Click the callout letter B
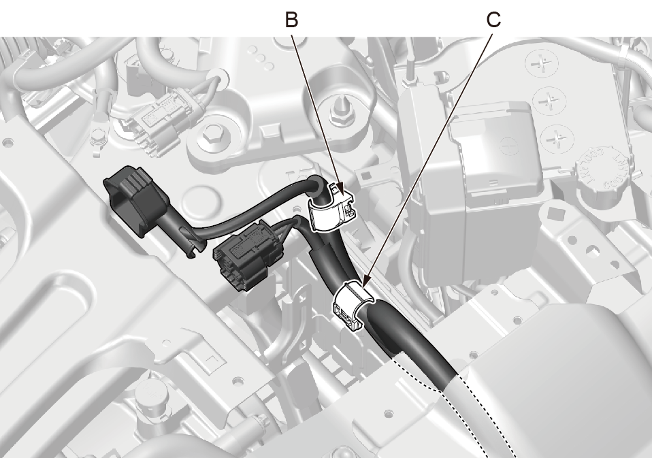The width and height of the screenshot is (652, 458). pos(291,19)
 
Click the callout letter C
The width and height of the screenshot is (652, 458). pos(493,19)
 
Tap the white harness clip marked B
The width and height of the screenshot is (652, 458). pos(333,207)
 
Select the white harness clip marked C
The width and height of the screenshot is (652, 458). pos(352,304)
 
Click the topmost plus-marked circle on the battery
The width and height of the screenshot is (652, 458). pos(540,65)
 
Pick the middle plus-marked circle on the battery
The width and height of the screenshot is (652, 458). pos(549,101)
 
